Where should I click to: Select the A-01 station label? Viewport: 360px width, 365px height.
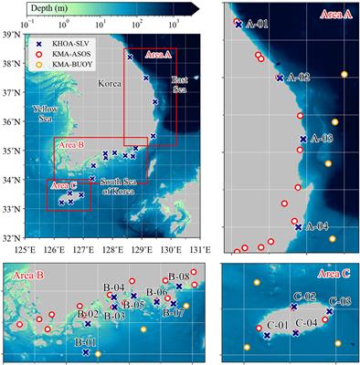[x=256, y=25]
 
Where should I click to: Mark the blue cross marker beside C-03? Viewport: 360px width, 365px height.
[x=329, y=312]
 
